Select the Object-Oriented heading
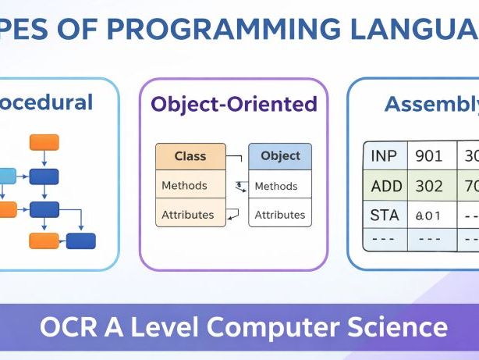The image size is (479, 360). pyautogui.click(x=234, y=105)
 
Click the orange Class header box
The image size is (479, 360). pyautogui.click(x=190, y=156)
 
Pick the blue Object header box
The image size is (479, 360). pyautogui.click(x=280, y=156)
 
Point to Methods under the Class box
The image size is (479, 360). pyautogui.click(x=185, y=186)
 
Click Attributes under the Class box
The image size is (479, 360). pyautogui.click(x=188, y=214)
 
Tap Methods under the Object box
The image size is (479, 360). pyautogui.click(x=276, y=187)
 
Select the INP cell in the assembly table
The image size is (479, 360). pyautogui.click(x=384, y=156)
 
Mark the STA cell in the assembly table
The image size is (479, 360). pyautogui.click(x=384, y=215)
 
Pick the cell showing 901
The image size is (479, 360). pyautogui.click(x=429, y=156)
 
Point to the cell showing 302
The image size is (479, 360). pyautogui.click(x=429, y=187)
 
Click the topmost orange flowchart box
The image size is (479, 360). pyautogui.click(x=44, y=142)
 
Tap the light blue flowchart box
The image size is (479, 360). pyautogui.click(x=6, y=176)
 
